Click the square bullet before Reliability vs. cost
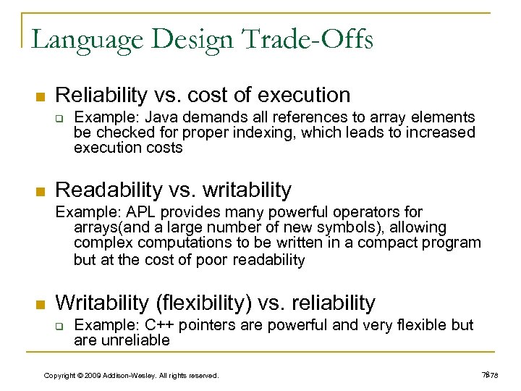(x=41, y=97)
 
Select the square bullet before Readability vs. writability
(x=41, y=192)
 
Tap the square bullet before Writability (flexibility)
(x=41, y=305)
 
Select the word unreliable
(x=134, y=340)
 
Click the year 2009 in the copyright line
(x=92, y=375)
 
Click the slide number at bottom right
(x=490, y=374)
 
